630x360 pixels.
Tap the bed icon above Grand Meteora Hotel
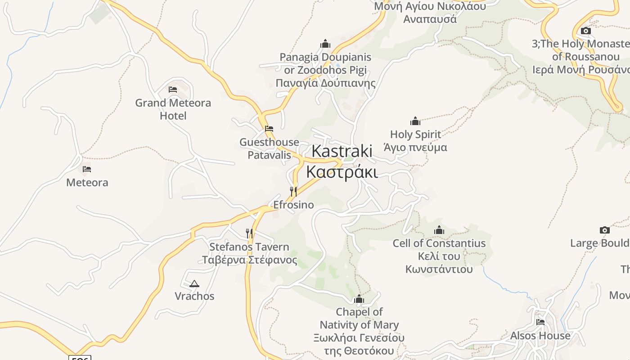(173, 89)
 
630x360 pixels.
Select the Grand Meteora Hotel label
(173, 109)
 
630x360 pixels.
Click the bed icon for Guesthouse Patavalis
(269, 128)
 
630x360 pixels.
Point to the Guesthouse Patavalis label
(269, 148)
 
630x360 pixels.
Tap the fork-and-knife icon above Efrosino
(293, 192)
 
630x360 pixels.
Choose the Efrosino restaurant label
(293, 205)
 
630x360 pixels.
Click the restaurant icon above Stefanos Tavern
(249, 233)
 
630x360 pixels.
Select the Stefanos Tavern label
(249, 253)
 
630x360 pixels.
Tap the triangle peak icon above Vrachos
(194, 283)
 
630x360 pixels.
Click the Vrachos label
(194, 296)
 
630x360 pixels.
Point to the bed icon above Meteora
(87, 169)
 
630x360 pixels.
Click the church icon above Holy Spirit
(415, 121)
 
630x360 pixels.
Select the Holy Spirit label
(415, 141)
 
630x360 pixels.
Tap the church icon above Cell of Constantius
(439, 230)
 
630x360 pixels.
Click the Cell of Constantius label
(439, 256)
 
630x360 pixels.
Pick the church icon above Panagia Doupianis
(325, 44)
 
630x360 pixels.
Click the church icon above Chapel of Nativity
(359, 299)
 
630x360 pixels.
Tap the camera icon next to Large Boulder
(605, 230)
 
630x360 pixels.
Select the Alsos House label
(540, 336)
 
